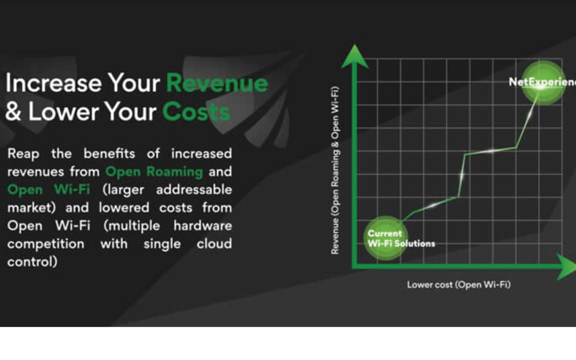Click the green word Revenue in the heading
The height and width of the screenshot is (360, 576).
[217, 83]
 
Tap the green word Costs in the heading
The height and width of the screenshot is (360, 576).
[196, 111]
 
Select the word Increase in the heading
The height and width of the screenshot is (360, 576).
[54, 83]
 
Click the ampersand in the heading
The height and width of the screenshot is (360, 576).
[13, 111]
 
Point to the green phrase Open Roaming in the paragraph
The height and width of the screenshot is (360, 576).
[154, 172]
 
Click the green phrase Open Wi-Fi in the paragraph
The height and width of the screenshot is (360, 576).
[49, 189]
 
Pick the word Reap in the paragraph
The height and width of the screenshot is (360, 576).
[23, 154]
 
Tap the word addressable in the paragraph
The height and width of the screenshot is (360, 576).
[194, 189]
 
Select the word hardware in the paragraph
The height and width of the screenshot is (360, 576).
[203, 226]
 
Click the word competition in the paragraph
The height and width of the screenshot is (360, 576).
[46, 244]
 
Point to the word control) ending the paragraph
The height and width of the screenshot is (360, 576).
[33, 262]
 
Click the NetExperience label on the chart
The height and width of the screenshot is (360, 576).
[542, 82]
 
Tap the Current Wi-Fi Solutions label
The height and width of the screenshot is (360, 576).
[401, 238]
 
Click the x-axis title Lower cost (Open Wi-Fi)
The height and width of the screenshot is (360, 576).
[459, 285]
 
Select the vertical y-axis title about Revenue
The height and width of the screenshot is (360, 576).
[335, 170]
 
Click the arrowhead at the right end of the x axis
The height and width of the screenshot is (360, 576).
[567, 266]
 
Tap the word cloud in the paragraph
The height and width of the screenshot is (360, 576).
[214, 244]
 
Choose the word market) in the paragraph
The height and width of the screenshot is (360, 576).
[31, 208]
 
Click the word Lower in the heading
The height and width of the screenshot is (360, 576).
[62, 111]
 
